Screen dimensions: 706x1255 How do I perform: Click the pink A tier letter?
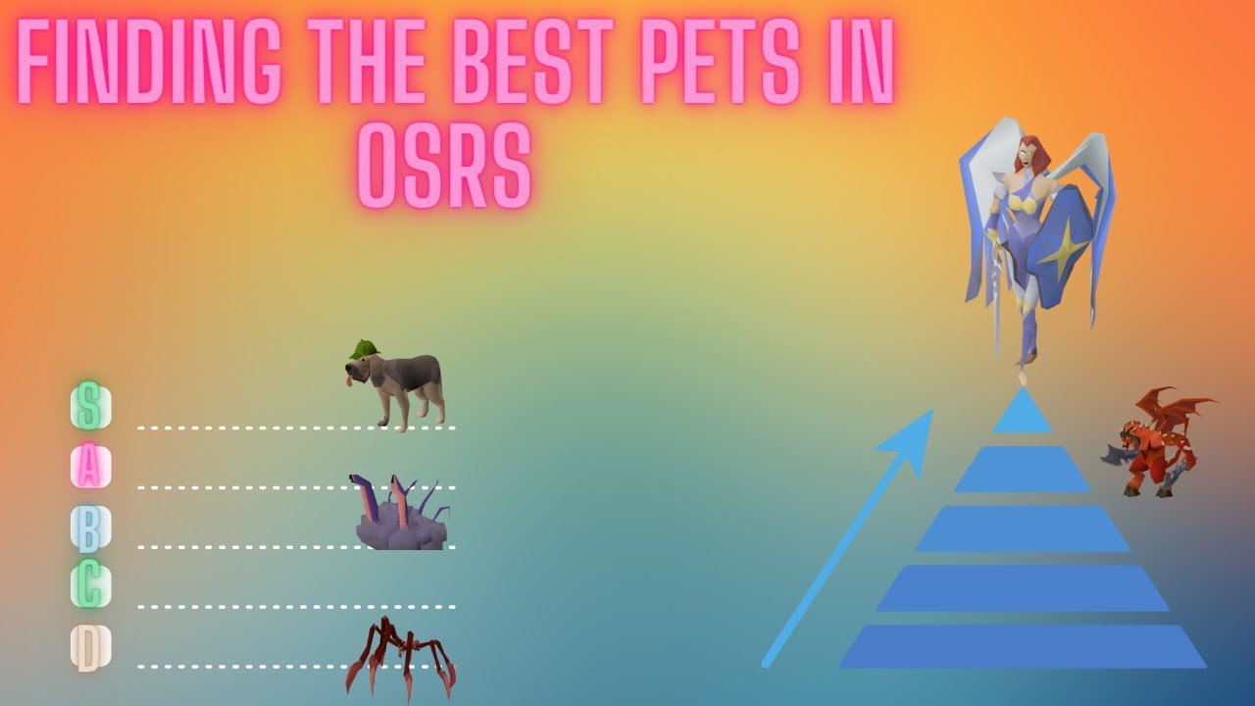pos(89,468)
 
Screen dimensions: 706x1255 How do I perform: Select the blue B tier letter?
pos(89,528)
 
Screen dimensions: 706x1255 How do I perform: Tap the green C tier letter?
pos(89,586)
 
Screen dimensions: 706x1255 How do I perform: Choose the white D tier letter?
pos(89,647)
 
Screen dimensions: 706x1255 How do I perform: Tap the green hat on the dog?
pos(364,349)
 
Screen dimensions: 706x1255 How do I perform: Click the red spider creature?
pos(397,657)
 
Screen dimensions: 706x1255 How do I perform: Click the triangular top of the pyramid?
pos(1023,412)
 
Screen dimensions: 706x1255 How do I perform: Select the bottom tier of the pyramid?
pos(1023,647)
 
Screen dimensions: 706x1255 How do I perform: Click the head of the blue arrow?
pos(912,437)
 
